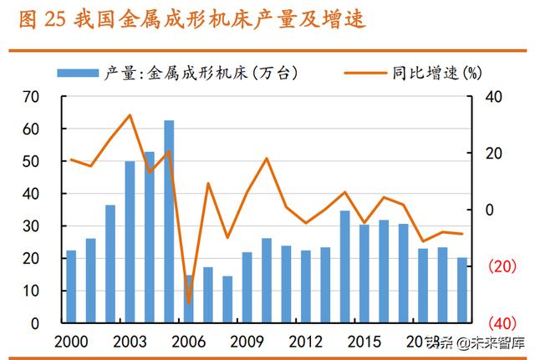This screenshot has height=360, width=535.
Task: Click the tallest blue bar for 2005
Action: click(x=169, y=221)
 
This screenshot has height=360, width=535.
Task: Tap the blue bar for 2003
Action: click(x=130, y=242)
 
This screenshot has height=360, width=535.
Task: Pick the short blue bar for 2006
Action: click(x=188, y=298)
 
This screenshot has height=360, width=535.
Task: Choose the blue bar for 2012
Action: click(x=305, y=286)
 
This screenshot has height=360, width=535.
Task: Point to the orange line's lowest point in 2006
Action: click(x=189, y=303)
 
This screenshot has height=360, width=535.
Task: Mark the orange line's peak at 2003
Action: click(x=130, y=115)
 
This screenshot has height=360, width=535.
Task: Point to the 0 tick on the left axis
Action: click(x=34, y=323)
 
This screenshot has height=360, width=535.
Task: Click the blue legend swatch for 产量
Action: click(x=79, y=74)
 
